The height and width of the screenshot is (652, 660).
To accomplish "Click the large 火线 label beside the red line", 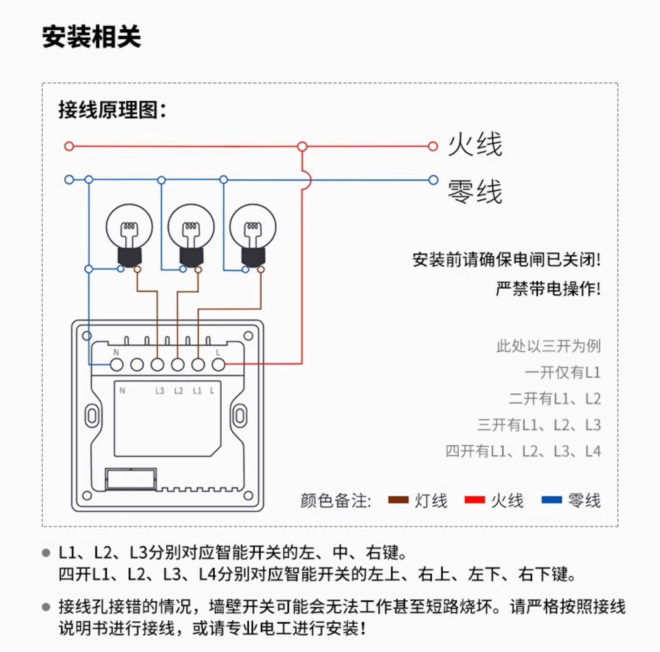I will coord(475,145).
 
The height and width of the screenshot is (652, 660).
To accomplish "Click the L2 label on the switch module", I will coord(178,391).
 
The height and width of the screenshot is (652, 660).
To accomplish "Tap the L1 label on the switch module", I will coord(197,391).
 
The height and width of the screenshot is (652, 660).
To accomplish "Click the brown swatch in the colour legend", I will coord(398,500).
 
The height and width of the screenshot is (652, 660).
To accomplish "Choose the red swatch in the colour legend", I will coord(475,500).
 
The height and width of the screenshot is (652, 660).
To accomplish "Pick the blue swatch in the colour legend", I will coord(551,500).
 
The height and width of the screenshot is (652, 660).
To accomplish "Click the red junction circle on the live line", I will coord(302,147).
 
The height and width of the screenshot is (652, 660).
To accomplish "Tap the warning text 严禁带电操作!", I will coord(548,289).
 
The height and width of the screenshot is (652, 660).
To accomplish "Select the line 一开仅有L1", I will coord(563,373).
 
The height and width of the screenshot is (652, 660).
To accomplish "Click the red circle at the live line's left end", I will coord(69,147).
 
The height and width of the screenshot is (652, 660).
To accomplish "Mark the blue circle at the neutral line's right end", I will coord(433,180).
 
